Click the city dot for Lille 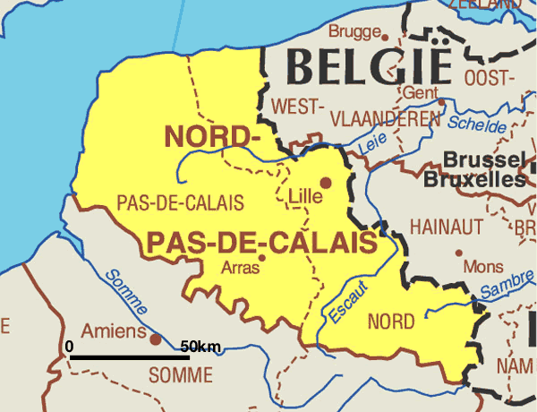click(x=326, y=183)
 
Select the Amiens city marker click(x=155, y=339)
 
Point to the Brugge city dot click(x=385, y=38)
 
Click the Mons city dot click(x=458, y=253)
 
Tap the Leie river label click(x=369, y=142)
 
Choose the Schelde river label click(x=477, y=124)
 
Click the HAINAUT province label click(x=446, y=227)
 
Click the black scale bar click(x=129, y=357)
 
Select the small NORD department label click(x=391, y=321)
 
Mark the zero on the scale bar click(x=70, y=346)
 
